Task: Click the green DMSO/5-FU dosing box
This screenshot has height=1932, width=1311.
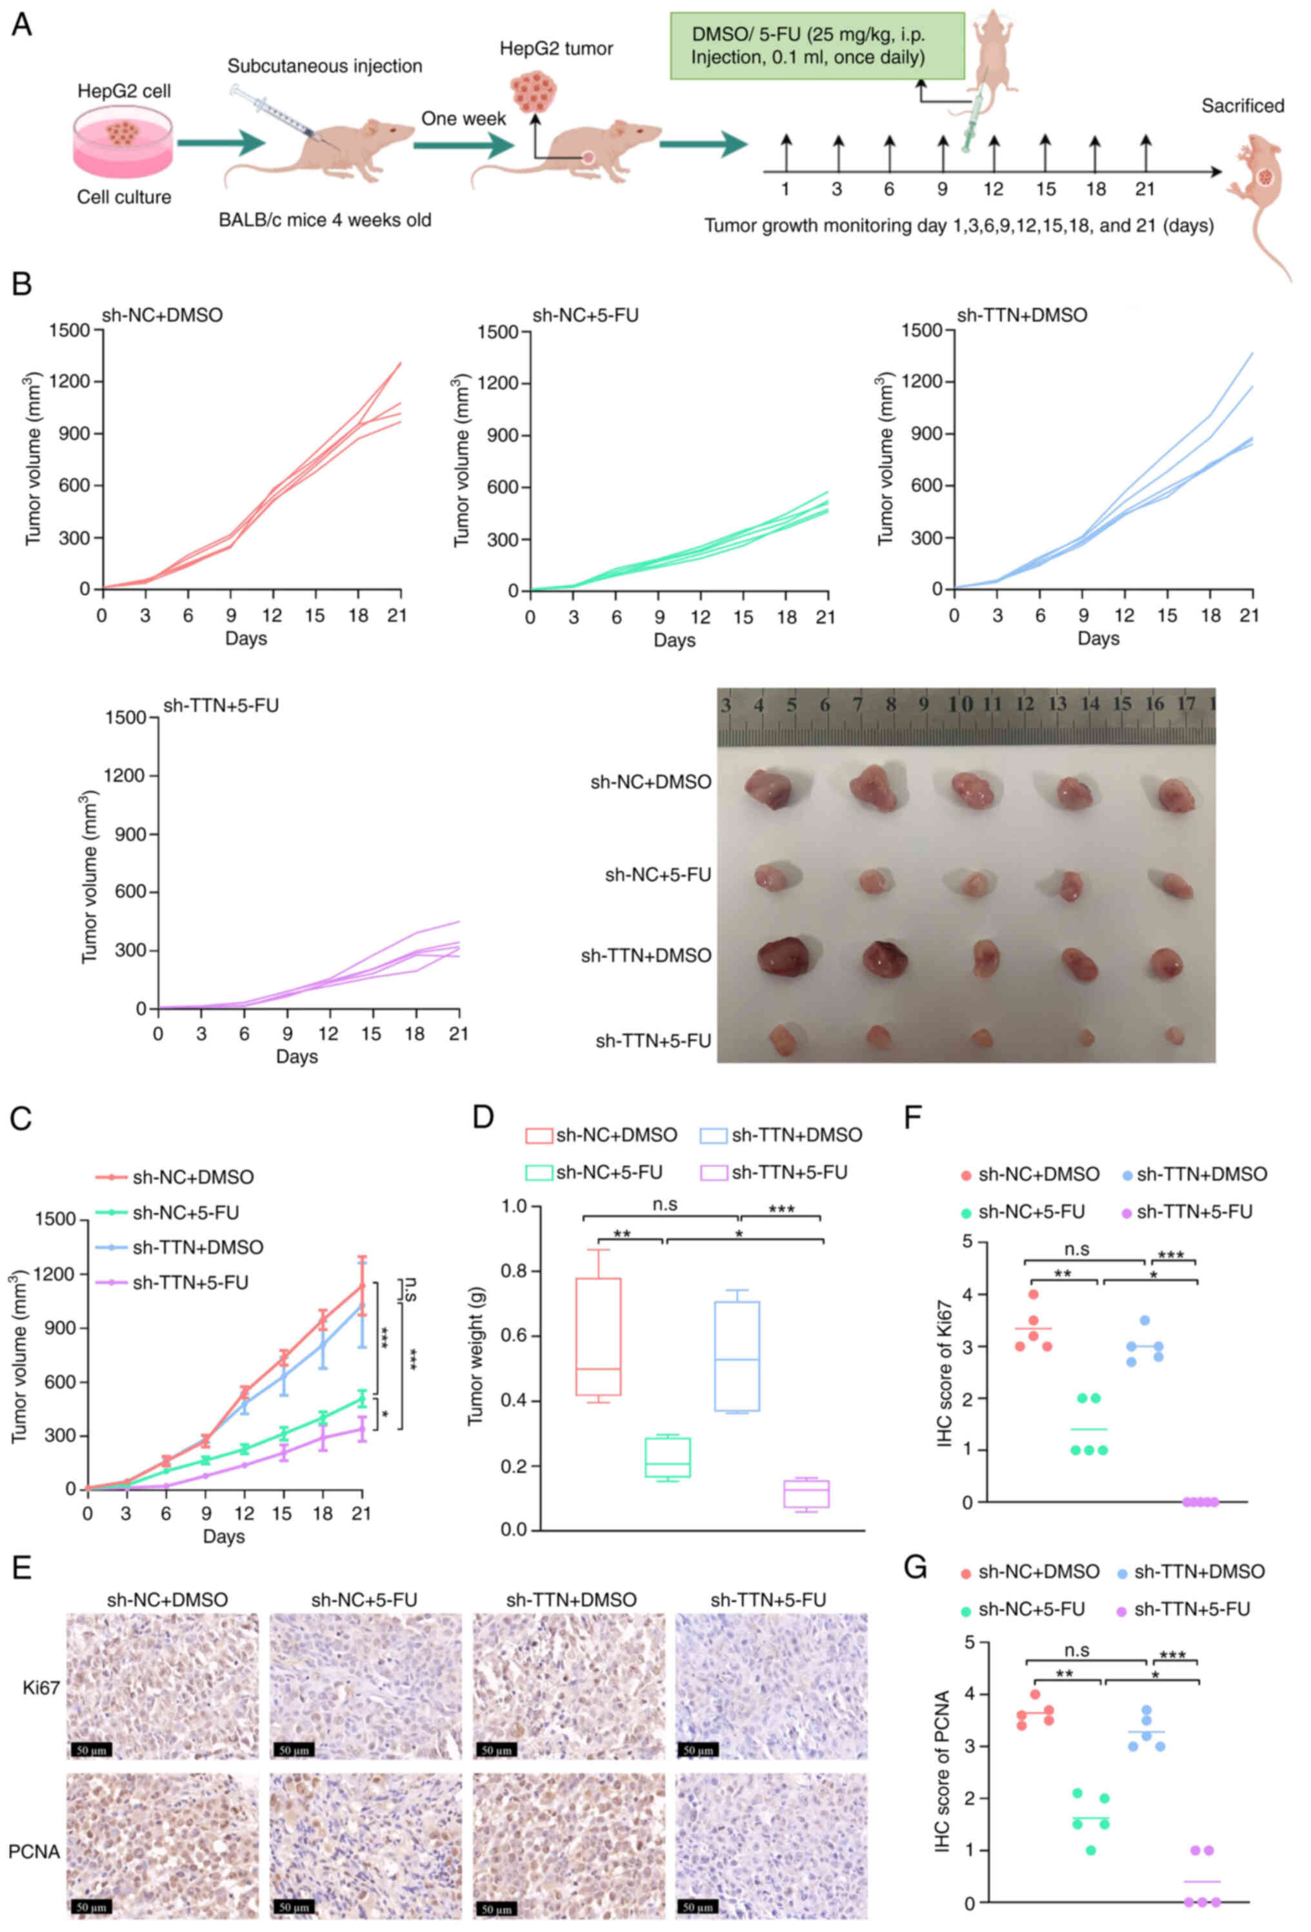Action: [x=817, y=46]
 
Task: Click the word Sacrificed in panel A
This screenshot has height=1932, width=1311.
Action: [x=1242, y=106]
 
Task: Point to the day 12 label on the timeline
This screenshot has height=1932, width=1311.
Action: [x=994, y=188]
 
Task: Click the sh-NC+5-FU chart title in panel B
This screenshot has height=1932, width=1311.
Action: [x=585, y=315]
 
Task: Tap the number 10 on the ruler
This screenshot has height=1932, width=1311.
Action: [x=959, y=704]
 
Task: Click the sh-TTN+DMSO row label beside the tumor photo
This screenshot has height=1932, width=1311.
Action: [x=646, y=956]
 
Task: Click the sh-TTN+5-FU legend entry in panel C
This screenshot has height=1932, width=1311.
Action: [x=190, y=1283]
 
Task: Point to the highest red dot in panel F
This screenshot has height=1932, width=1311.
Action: [x=1033, y=1294]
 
